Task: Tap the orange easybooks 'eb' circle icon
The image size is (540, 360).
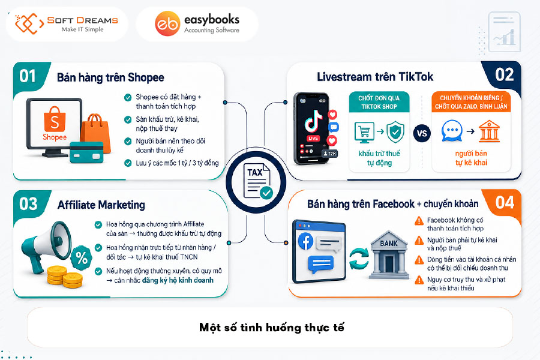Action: click(167, 24)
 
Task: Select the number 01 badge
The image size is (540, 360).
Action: click(28, 76)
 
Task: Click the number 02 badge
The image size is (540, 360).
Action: click(504, 75)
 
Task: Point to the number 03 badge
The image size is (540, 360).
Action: click(28, 204)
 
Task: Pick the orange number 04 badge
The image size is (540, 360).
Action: click(504, 203)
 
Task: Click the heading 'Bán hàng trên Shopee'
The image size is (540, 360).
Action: click(110, 77)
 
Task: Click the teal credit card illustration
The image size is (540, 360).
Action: click(86, 152)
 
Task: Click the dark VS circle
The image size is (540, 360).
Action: click(422, 133)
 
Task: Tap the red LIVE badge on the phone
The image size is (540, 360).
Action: click(313, 139)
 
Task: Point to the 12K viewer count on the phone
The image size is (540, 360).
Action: click(329, 154)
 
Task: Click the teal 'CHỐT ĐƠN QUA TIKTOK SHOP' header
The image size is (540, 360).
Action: click(379, 103)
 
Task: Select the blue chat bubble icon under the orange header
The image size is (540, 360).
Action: click(452, 131)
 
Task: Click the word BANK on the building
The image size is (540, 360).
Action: click(389, 244)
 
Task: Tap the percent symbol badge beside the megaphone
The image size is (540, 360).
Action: click(82, 257)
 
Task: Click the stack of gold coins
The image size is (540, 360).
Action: click(64, 276)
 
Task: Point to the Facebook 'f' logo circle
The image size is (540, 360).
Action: click(306, 241)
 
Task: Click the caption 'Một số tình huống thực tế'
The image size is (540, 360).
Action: click(272, 327)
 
